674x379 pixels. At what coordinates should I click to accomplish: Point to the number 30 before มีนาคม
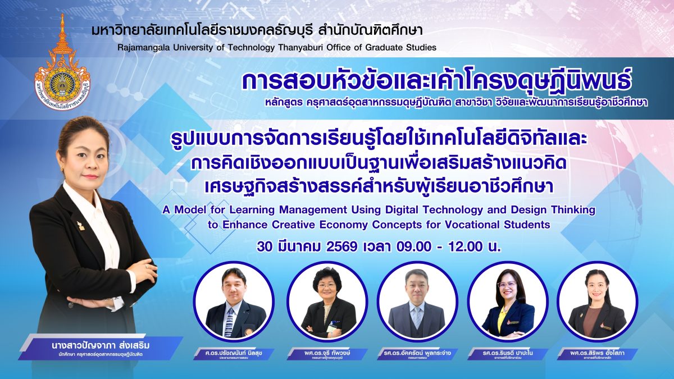[x=264, y=246]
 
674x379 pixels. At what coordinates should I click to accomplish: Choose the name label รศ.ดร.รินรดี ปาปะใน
[x=507, y=353]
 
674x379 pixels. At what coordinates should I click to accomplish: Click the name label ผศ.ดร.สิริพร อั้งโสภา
[x=598, y=353]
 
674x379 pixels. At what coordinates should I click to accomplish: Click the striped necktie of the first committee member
[x=229, y=319]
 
